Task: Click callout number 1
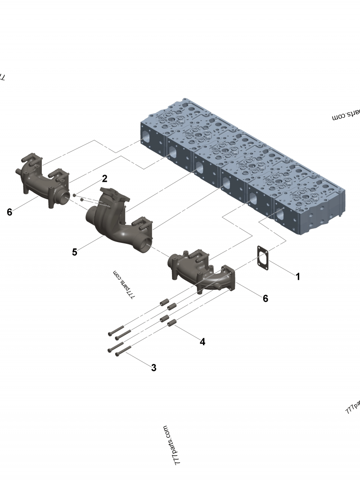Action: (x=297, y=276)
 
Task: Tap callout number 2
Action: (x=104, y=179)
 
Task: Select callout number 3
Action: (x=153, y=368)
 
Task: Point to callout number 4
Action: (x=202, y=342)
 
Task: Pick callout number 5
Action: (x=75, y=252)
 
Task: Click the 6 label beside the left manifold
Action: (x=9, y=212)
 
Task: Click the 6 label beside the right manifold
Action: (x=265, y=298)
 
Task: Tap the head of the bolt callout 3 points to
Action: (x=118, y=354)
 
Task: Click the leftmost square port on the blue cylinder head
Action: (x=147, y=135)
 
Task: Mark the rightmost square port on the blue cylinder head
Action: (x=280, y=215)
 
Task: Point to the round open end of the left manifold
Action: (x=64, y=196)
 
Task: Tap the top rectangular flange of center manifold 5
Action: (x=113, y=197)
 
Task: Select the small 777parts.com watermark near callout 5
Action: (x=124, y=285)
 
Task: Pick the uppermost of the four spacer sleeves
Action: (x=163, y=302)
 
